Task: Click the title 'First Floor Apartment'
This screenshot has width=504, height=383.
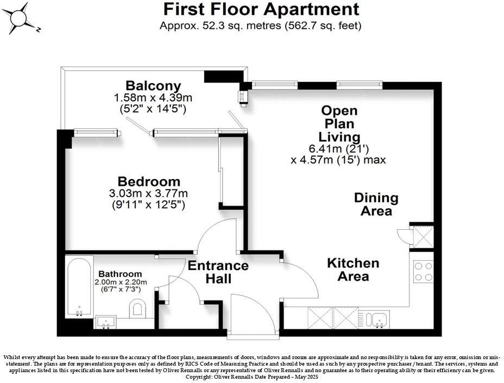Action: point(261,9)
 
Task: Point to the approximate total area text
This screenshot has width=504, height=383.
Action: point(261,25)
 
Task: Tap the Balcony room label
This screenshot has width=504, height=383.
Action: point(153,85)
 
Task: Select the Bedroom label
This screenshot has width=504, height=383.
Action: point(149,181)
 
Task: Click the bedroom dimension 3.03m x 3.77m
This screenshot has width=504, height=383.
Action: point(149,193)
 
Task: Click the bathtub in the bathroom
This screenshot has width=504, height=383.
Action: point(79,287)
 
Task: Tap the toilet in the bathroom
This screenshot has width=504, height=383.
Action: point(138,309)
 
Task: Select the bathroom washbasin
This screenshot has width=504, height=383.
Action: point(105,322)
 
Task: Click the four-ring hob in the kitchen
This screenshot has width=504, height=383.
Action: point(423,272)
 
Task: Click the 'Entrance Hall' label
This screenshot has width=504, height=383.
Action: point(218,272)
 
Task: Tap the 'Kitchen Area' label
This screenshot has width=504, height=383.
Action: point(353,269)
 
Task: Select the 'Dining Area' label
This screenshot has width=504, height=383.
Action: point(376,204)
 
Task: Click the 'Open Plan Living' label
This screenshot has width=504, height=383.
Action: point(338,123)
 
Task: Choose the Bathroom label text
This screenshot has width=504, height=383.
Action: point(119,274)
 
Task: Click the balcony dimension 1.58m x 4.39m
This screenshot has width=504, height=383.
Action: point(153,98)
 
